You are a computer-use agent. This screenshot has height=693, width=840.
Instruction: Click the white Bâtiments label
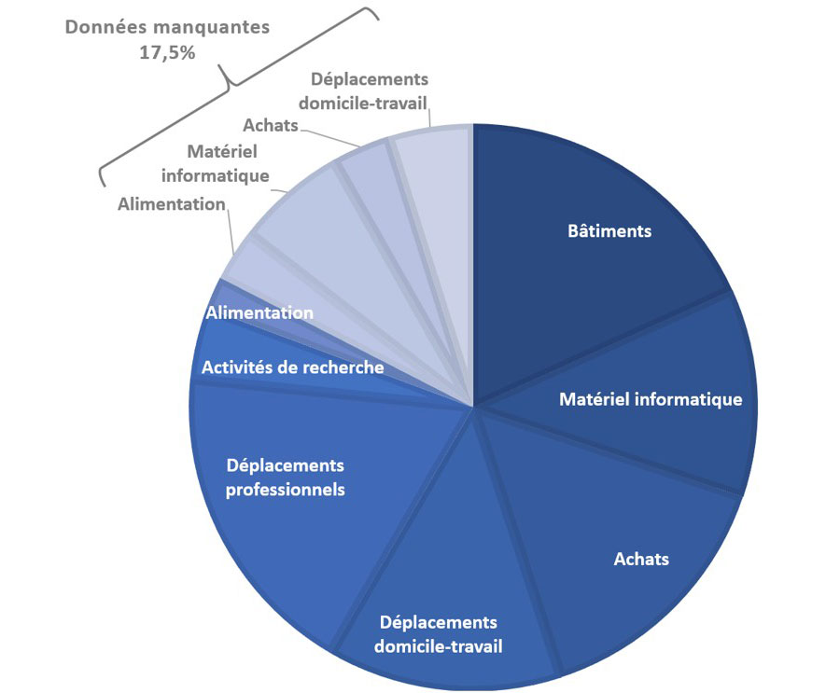[x=609, y=230]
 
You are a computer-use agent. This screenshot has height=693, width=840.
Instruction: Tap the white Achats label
[x=641, y=559]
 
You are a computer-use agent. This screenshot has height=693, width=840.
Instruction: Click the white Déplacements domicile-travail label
[x=439, y=634]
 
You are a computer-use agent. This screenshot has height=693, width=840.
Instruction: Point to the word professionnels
[x=285, y=490]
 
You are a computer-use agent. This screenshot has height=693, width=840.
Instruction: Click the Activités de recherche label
[x=292, y=367]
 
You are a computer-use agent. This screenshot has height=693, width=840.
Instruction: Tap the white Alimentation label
[x=259, y=312]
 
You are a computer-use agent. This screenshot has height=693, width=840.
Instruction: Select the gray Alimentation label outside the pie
[x=172, y=204]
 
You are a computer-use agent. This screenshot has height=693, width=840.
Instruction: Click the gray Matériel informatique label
[x=216, y=163]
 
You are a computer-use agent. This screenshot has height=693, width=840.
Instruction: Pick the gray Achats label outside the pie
[x=271, y=125]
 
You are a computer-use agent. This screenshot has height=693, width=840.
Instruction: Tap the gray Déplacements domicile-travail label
[x=364, y=91]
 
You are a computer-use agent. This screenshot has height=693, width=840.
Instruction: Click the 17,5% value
[x=167, y=52]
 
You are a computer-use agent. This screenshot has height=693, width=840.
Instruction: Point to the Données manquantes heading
[x=167, y=27]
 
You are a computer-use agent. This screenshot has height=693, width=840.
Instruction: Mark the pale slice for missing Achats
[x=385, y=215]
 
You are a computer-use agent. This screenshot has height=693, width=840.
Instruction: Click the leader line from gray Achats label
[x=329, y=138]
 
